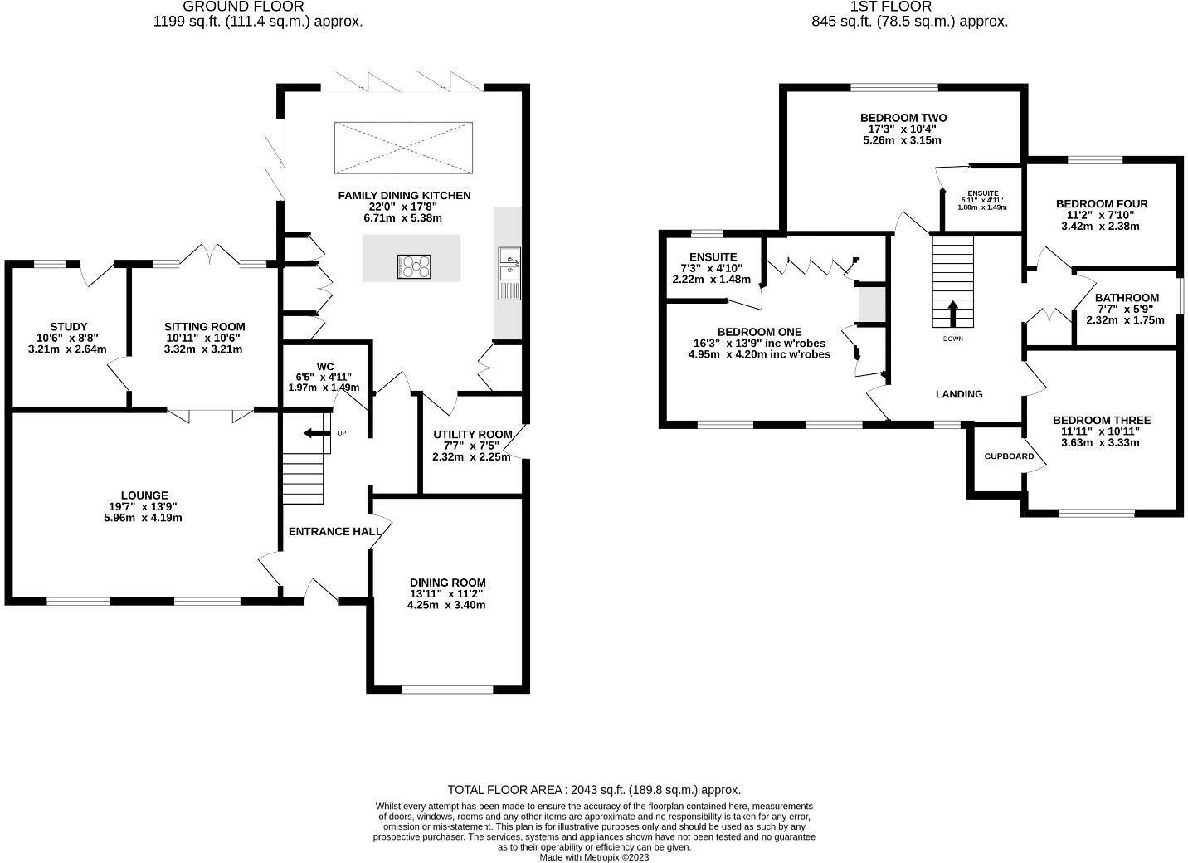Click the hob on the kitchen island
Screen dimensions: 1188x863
[x=414, y=266]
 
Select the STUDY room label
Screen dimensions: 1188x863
[x=69, y=327]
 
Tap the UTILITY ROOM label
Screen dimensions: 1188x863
[x=473, y=435]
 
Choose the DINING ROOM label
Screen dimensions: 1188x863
[x=448, y=583]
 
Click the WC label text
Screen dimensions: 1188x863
[x=325, y=367]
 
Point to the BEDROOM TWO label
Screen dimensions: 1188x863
[x=903, y=118]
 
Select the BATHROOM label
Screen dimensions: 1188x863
[x=1127, y=298]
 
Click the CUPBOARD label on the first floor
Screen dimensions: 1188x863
[x=1009, y=456]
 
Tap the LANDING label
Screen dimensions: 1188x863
[x=959, y=394]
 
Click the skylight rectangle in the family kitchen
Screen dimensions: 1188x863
[x=403, y=148]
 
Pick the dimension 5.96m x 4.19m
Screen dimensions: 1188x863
[x=144, y=518]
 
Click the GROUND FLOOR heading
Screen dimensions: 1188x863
[x=243, y=7]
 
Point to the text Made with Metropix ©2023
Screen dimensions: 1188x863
[x=594, y=857]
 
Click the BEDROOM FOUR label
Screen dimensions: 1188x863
[x=1102, y=203]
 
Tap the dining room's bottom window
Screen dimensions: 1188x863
[x=447, y=689]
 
